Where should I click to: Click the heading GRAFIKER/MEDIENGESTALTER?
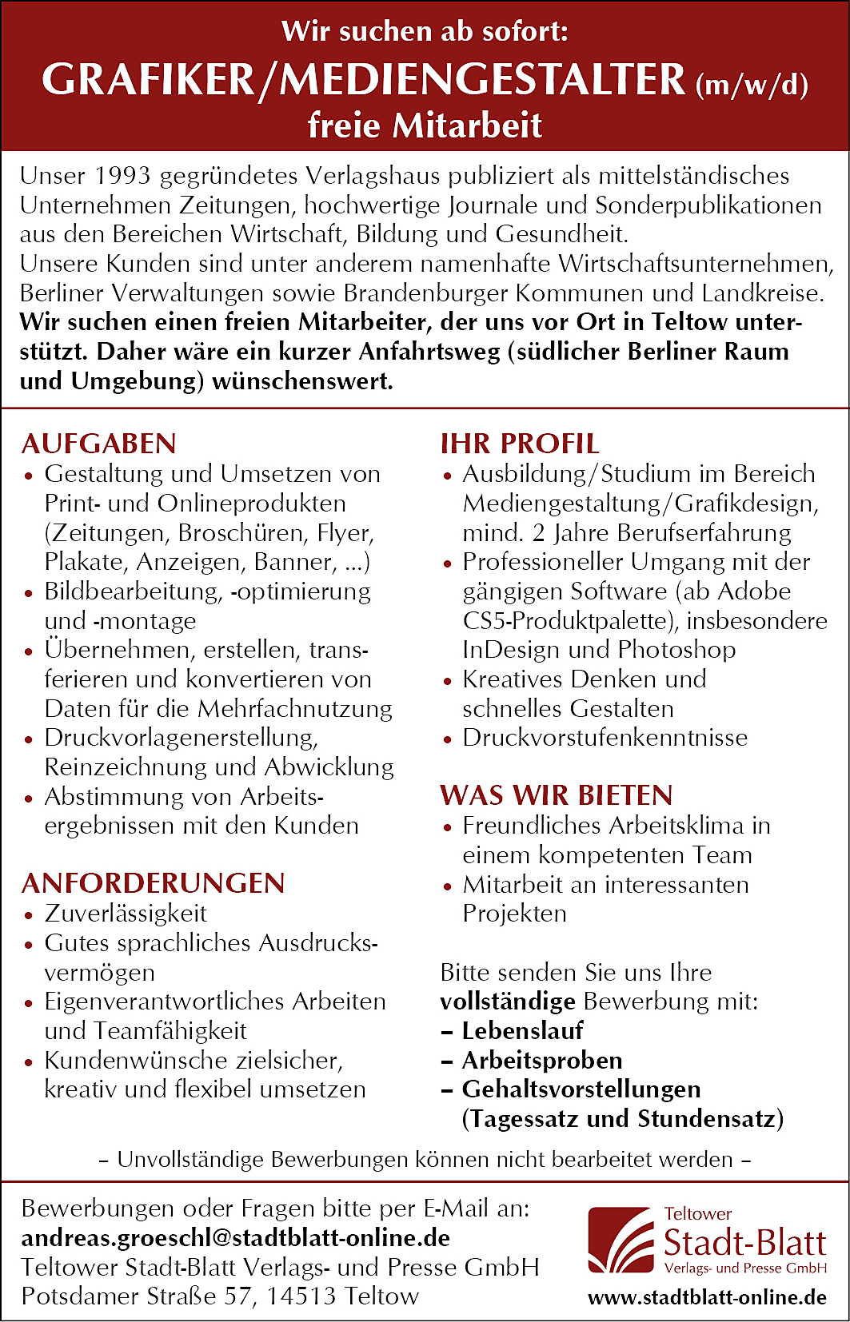(x=363, y=80)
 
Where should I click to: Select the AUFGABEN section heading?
(x=99, y=444)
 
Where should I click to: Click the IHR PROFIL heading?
(x=519, y=444)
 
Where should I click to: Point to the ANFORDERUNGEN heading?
(x=153, y=883)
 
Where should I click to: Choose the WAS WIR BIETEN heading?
(x=557, y=795)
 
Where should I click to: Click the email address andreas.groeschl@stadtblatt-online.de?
(x=236, y=1238)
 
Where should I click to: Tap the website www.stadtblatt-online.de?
(x=707, y=1296)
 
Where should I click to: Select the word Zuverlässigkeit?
(x=126, y=914)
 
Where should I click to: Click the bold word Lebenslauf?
(x=523, y=1031)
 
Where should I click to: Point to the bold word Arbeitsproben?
(x=542, y=1061)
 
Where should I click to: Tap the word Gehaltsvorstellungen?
(x=581, y=1089)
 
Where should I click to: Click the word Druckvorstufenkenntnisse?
(x=605, y=738)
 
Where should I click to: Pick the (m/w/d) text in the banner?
(x=752, y=85)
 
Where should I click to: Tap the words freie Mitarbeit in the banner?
(x=425, y=125)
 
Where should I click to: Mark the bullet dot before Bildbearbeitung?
(x=29, y=594)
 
